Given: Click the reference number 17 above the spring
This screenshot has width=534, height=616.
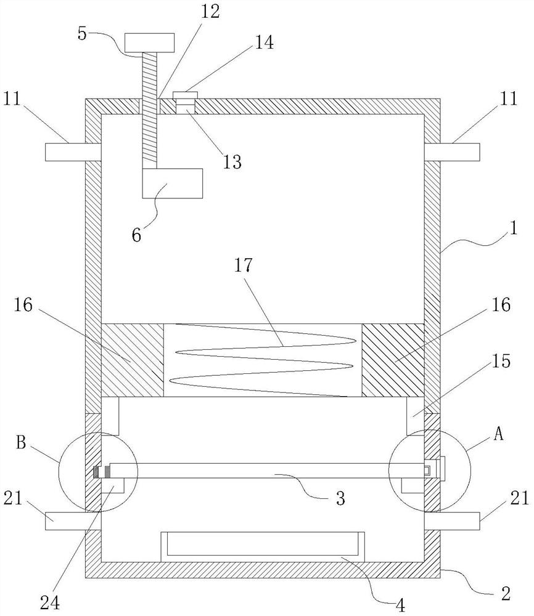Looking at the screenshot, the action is [x=243, y=265].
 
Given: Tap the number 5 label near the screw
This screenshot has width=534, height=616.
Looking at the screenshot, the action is [x=82, y=33].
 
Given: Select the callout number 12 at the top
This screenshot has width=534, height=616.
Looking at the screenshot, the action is [x=210, y=11].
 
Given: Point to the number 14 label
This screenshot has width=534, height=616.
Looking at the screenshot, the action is [x=265, y=42].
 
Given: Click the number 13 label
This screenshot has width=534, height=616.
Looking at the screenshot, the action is [x=232, y=161].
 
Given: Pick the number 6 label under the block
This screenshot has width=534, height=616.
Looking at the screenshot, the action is [x=136, y=235].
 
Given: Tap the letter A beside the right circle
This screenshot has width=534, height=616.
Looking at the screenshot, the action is [x=498, y=434].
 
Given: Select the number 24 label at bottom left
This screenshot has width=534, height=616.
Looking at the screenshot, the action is [x=50, y=602].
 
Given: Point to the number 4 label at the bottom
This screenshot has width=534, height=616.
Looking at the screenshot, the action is [x=400, y=606].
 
